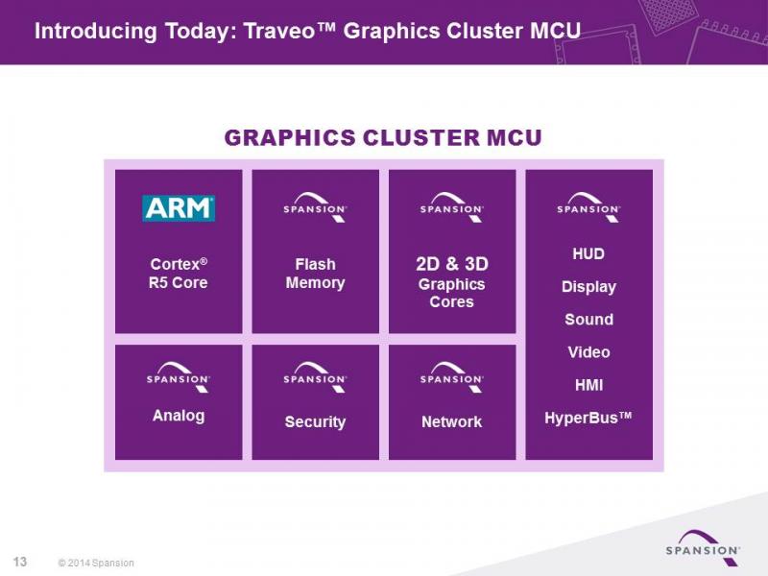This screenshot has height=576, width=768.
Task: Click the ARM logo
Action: [x=179, y=208]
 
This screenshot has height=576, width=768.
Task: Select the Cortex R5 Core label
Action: [x=179, y=274]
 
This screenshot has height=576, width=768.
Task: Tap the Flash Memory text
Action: [x=316, y=274]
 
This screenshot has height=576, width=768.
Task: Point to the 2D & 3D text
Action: [x=452, y=264]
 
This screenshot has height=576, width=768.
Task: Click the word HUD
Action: [x=588, y=253]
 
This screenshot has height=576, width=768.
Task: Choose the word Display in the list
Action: [x=588, y=287]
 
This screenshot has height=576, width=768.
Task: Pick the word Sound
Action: [x=588, y=320]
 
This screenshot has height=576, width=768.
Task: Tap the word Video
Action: [x=588, y=352]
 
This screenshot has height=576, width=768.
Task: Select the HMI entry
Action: [x=588, y=385]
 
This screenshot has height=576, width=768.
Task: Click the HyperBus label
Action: [x=588, y=418]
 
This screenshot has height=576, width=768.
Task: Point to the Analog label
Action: [x=179, y=416]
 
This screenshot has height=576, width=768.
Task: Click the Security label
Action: [x=316, y=421]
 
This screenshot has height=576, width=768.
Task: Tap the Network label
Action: [x=452, y=421]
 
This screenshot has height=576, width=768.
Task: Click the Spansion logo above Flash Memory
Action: [x=315, y=207]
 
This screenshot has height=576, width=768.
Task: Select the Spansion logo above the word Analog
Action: [x=179, y=377]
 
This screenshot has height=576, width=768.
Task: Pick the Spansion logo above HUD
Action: [x=588, y=207]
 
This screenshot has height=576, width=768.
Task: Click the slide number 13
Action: [x=20, y=562]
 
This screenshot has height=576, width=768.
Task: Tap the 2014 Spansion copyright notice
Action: [x=96, y=564]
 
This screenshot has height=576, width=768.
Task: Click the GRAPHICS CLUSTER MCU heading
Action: [x=383, y=137]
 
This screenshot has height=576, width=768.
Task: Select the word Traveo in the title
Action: [x=279, y=31]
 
